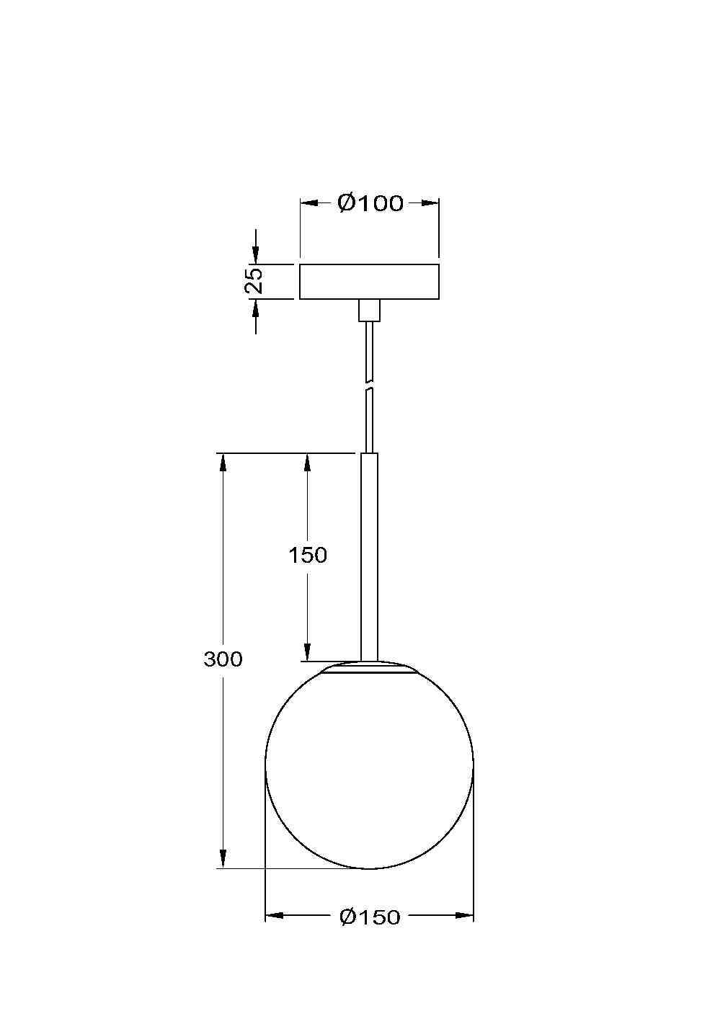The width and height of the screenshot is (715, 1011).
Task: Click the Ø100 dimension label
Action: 370,203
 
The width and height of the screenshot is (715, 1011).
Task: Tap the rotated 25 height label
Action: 254,280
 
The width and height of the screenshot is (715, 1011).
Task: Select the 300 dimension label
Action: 223,659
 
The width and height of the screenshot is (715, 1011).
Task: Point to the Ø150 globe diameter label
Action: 369,917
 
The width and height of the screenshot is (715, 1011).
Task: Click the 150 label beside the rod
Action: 308,556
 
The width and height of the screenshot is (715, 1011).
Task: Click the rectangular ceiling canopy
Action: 369,282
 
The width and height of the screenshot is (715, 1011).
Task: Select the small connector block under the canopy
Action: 369,311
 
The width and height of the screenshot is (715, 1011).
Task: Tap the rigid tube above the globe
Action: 369,555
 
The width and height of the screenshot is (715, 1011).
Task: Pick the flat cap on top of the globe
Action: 369,668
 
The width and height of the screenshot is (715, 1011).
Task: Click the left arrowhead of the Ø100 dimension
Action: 308,203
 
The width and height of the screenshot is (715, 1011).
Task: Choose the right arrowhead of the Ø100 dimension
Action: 430,203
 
